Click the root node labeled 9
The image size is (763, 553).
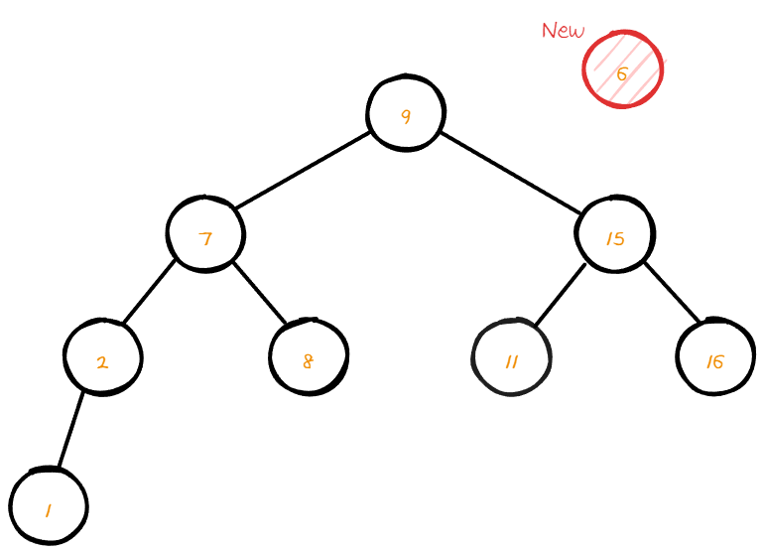point(405,112)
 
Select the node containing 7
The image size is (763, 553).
point(205,234)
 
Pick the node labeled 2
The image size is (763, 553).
point(102,357)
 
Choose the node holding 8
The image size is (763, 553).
point(309,357)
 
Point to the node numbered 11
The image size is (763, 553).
point(512,357)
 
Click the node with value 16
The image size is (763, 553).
point(715,357)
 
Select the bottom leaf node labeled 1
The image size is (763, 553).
point(49,506)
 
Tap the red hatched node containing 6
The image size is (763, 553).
point(622,69)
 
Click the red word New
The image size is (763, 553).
point(563,31)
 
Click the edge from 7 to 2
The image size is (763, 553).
point(149,292)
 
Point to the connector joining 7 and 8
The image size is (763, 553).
point(259,294)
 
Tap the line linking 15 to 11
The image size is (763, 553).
point(561,294)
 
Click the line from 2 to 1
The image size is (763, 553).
point(70,430)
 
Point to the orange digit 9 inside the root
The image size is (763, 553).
point(406,116)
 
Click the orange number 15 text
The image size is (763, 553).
point(615,237)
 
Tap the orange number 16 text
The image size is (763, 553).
point(715,361)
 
